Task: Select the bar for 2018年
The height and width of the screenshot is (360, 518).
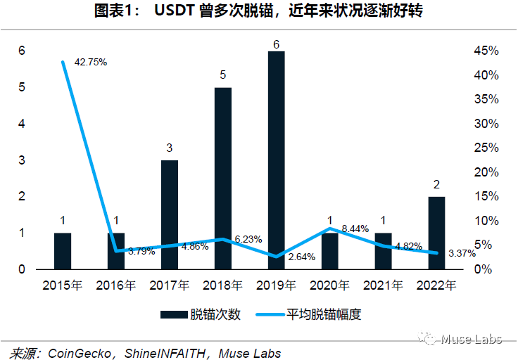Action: tap(222, 179)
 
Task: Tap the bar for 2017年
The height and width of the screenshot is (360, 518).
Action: tap(169, 214)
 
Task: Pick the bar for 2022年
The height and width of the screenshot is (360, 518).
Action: tap(436, 233)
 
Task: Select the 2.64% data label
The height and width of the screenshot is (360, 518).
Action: tap(302, 257)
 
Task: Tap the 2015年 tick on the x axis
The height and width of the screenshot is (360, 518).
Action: tap(63, 285)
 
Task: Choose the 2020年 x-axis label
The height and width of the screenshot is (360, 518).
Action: tap(329, 285)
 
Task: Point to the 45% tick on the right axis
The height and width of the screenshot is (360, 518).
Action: tap(486, 51)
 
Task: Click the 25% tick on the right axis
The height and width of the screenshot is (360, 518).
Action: tap(486, 148)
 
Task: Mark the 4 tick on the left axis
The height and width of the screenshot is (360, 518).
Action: tap(22, 124)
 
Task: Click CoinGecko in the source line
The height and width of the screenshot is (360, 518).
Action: tap(78, 352)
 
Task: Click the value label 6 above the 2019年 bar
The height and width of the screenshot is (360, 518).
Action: tap(276, 44)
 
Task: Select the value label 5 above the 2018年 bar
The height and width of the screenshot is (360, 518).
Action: tap(222, 75)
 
